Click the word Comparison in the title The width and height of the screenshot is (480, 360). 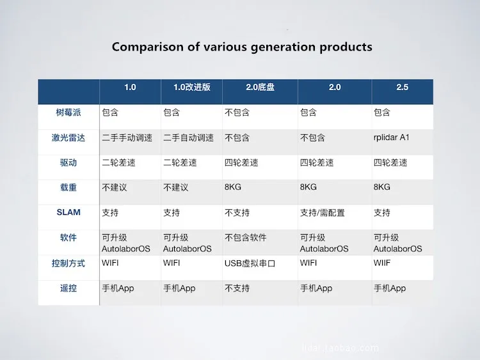click(147, 47)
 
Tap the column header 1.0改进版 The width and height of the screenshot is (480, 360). click(192, 87)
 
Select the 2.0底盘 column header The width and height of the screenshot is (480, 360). click(260, 87)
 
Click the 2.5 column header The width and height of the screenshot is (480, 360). click(403, 87)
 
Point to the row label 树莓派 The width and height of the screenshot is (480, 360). click(68, 113)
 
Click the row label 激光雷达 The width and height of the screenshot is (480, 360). click(68, 138)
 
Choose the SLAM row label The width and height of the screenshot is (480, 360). click(68, 212)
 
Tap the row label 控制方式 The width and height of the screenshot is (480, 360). click(68, 263)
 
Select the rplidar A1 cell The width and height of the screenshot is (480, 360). click(392, 137)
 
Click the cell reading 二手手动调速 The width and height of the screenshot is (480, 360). click(127, 138)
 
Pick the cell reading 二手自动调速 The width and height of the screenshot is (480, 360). click(189, 138)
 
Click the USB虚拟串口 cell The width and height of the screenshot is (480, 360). click(250, 263)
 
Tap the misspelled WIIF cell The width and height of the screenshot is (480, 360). click(381, 263)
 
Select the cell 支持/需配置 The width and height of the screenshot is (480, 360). click(323, 212)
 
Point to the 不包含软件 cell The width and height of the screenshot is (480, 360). click(246, 238)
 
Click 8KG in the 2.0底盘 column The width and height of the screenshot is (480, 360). click(233, 187)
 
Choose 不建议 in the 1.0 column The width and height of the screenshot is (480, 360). click(114, 187)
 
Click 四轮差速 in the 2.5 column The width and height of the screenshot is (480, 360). click(390, 162)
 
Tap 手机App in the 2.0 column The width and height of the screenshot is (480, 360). click(316, 288)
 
